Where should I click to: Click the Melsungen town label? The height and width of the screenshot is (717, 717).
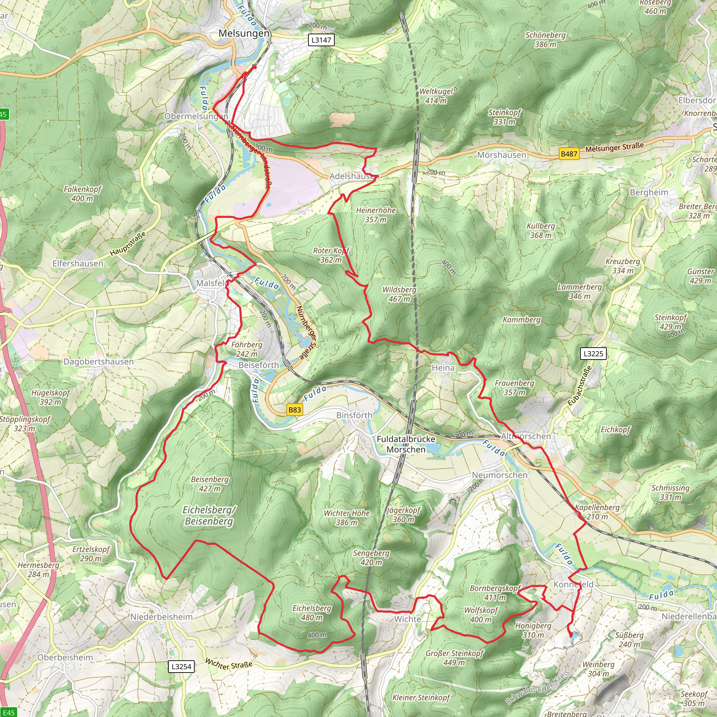pos(243,33)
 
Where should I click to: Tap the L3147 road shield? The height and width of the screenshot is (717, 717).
pos(321,40)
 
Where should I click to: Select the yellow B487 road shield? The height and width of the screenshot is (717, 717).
pos(569,154)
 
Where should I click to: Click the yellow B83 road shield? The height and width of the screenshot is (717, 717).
pos(294,410)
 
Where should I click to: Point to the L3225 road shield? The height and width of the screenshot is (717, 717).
pos(593,353)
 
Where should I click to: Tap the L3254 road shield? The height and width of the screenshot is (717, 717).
pos(181,667)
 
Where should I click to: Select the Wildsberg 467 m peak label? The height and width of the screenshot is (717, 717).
pos(399,294)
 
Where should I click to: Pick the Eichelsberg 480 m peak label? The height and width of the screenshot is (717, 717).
pos(312,613)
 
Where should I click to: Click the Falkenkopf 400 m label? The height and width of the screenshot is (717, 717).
pos(82,194)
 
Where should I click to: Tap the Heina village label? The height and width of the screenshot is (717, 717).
pos(443,367)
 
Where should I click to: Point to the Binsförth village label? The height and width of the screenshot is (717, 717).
pos(354,415)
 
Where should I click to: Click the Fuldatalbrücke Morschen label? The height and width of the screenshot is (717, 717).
pos(406,444)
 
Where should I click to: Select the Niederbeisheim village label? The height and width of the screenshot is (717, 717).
pos(161,617)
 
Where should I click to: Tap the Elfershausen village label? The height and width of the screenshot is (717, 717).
pos(78,264)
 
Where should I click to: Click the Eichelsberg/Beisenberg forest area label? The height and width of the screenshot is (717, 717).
pos(209,515)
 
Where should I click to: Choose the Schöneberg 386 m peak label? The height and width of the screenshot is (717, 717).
pos(545,40)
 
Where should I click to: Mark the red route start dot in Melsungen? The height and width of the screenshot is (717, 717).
pos(255,67)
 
